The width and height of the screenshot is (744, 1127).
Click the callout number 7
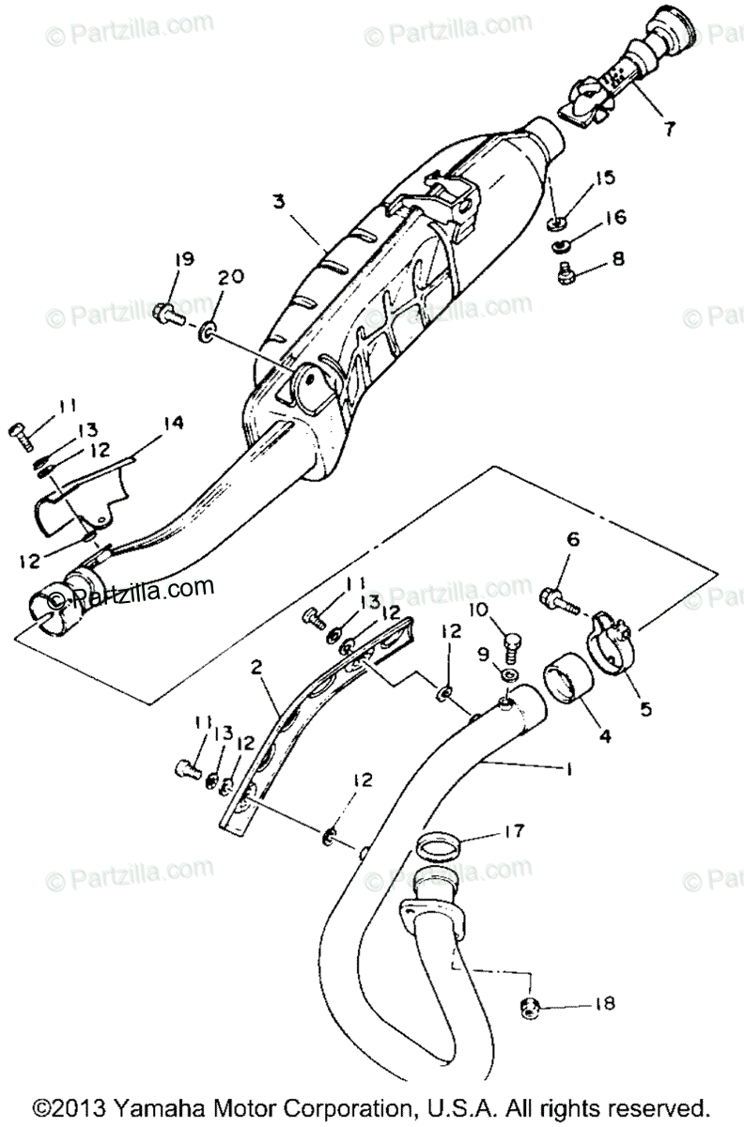pos(668,131)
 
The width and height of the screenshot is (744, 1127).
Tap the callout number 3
pos(278,201)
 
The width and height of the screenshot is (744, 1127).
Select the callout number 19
pos(184,259)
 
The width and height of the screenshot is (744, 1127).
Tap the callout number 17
pos(514,830)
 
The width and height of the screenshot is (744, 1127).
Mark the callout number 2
pos(255,668)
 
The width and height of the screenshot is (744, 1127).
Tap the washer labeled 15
pos(556,223)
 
